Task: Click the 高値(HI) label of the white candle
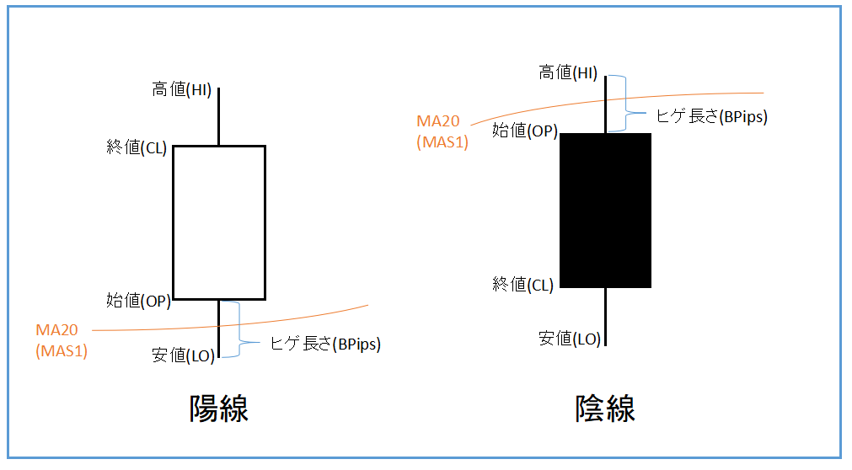[181, 89]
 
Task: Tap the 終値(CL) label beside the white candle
[137, 147]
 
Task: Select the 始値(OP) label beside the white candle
[138, 300]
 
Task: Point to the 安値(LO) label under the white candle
[184, 355]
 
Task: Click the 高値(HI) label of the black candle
[568, 72]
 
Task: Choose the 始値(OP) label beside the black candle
[525, 131]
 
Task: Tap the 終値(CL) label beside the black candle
[522, 284]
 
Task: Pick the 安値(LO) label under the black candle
[570, 339]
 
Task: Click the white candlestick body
[219, 222]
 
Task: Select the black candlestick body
[605, 211]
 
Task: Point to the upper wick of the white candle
[219, 116]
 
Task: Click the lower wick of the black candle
[605, 317]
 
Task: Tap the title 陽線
[219, 409]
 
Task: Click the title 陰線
[605, 409]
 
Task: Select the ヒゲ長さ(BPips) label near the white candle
[325, 344]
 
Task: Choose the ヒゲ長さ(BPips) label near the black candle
[712, 116]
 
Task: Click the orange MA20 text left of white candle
[57, 330]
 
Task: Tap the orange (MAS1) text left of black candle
[442, 142]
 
